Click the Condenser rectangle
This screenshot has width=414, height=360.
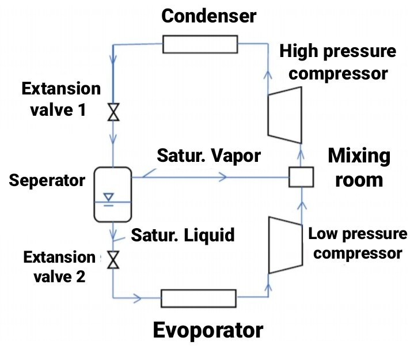(200, 44)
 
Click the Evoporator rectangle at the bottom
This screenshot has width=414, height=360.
(199, 298)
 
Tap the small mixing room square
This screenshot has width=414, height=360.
(301, 178)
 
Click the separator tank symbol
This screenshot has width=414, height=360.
(112, 194)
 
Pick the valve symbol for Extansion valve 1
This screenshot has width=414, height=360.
(113, 112)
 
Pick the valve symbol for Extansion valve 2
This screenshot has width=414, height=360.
(113, 261)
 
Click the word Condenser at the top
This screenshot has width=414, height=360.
(208, 16)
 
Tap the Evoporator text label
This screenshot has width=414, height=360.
(208, 331)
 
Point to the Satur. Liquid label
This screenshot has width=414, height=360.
(183, 234)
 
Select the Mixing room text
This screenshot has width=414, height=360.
(359, 168)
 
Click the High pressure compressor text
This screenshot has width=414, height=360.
(338, 62)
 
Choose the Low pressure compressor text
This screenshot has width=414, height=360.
(358, 244)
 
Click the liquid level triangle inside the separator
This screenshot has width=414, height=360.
(108, 198)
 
